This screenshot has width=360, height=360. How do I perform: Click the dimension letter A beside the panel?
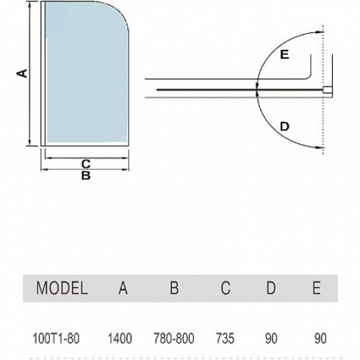[22, 73]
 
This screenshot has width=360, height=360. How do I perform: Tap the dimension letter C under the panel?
[86, 164]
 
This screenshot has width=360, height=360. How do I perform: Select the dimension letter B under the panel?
[86, 176]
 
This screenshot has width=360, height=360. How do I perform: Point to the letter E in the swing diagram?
[284, 55]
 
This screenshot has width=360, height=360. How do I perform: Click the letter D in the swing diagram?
[284, 126]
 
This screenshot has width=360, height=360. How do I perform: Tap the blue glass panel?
[86, 72]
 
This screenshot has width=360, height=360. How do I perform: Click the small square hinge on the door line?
[328, 90]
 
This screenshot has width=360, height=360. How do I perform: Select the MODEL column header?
[62, 288]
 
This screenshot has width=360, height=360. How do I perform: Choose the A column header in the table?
[122, 288]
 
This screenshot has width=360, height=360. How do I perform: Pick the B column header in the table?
[174, 288]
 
